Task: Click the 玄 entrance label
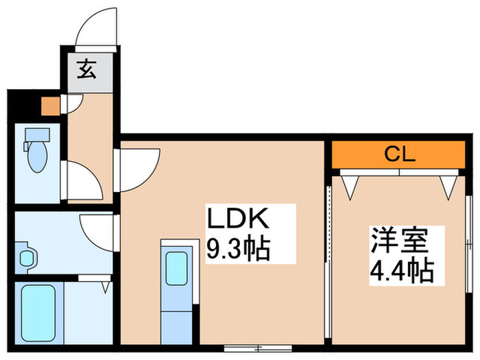pos(86,70)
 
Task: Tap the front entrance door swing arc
pos(96,27)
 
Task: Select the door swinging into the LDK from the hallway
pos(139,168)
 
